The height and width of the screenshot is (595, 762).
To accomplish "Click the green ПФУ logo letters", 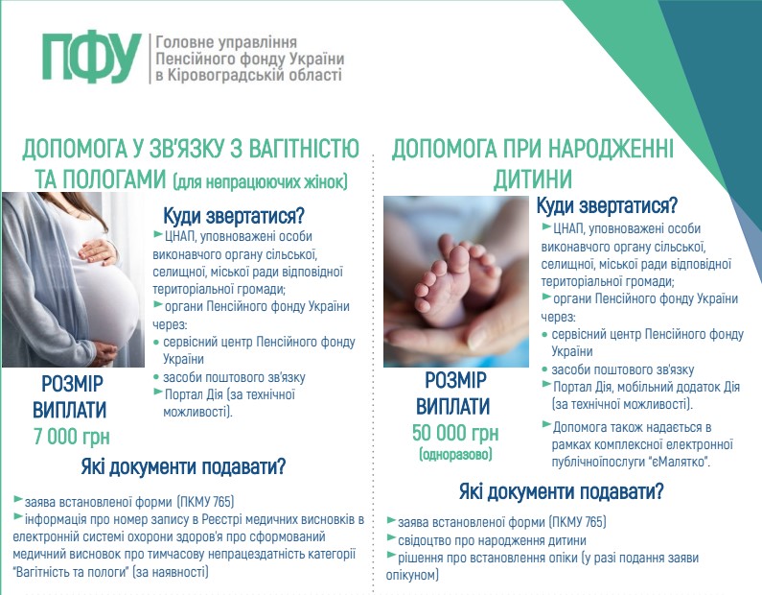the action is (91, 58).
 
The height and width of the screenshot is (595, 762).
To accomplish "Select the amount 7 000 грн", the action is (72, 437).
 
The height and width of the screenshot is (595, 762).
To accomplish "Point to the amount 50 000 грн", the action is (455, 433).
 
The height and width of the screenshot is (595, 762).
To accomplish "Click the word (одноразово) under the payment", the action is (455, 454).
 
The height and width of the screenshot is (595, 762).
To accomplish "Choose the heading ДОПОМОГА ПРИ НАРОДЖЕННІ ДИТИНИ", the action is (533, 163).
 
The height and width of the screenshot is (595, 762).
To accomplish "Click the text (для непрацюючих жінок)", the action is (260, 181).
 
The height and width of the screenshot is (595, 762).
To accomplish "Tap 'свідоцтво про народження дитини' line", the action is (492, 540).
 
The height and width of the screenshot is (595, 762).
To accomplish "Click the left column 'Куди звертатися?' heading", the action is (233, 216).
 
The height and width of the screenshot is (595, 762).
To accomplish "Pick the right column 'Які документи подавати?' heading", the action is (561, 491).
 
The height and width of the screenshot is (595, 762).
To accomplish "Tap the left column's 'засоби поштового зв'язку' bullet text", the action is (234, 377).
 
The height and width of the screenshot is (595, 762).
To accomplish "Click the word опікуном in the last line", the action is (412, 575).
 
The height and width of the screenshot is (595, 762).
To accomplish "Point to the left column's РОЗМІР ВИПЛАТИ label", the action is (70, 397).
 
